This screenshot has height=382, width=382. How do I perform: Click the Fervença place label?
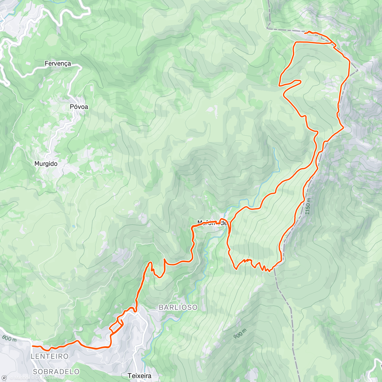point(58,64)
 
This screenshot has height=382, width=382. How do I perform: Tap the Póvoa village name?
point(79,107)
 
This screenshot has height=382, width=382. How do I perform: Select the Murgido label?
point(46,164)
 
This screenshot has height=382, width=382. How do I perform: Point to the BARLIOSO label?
point(178,308)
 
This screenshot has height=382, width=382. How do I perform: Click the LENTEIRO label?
point(50,356)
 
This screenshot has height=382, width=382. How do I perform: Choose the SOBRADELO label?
point(56,371)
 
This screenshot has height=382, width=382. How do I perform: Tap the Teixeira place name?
point(139,376)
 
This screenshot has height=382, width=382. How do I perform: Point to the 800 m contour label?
point(9,339)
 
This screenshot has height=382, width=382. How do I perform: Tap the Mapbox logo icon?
point(4,378)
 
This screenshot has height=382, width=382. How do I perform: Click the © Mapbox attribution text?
point(22,378)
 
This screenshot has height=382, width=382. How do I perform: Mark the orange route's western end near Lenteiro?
point(33,346)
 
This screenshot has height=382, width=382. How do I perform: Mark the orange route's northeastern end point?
point(305,33)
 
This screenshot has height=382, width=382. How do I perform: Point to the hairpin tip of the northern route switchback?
point(279,85)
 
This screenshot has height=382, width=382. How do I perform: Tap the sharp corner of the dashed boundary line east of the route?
point(357,70)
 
